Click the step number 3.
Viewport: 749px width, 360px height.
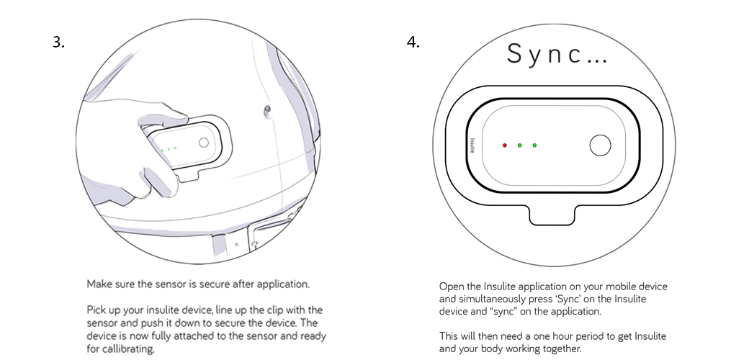tap(58, 42)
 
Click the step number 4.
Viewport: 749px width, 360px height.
tap(413, 42)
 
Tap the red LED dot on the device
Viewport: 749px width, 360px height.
tap(505, 145)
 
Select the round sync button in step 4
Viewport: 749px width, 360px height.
tap(599, 146)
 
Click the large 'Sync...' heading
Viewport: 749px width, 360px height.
tap(557, 55)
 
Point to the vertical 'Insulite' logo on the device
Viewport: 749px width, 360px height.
tap(472, 146)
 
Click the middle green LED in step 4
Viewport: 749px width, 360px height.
tap(519, 145)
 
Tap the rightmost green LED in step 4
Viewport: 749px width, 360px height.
tap(534, 145)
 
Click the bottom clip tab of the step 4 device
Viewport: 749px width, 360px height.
tap(553, 214)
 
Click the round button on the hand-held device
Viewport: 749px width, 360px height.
tap(204, 143)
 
